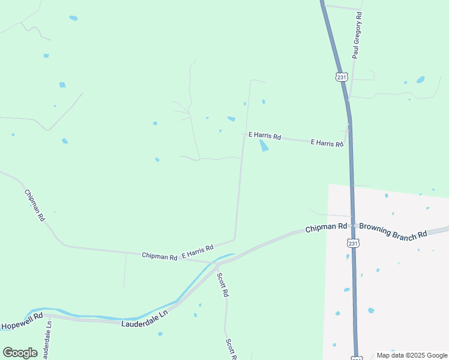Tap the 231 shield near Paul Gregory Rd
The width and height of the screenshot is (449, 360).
pos(342,77)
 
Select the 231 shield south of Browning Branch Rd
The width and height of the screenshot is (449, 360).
pos(353,244)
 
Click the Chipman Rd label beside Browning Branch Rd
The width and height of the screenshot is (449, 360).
pos(326,228)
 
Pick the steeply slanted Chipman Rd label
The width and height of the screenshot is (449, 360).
pos(34,205)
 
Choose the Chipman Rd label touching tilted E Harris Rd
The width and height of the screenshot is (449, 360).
pos(159,256)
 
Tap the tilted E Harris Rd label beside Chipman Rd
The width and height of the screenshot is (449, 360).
pos(197,252)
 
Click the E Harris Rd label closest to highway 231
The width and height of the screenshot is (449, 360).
pos(327,143)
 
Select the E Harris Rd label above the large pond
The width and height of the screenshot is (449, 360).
pos(264,136)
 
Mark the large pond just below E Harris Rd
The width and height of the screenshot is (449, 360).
pos(264,146)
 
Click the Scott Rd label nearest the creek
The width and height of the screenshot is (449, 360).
pos(223,285)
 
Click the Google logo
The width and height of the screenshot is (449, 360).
pos(20,353)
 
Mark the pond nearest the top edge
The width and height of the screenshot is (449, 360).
pos(73,18)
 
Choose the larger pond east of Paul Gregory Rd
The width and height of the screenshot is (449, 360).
pos(420,79)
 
